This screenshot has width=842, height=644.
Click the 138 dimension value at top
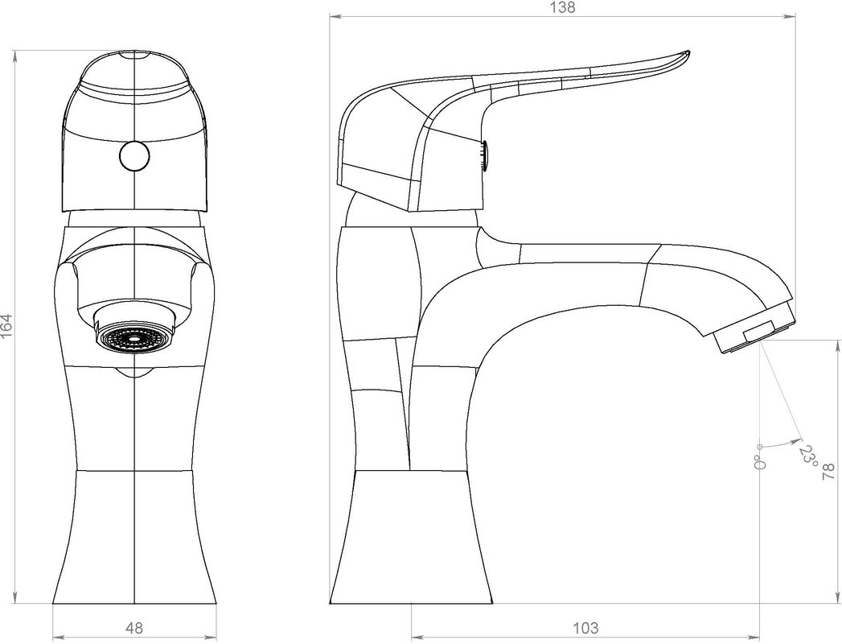click(562, 7)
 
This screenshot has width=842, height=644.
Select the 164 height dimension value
click(6, 326)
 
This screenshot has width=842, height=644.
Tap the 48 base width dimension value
click(134, 627)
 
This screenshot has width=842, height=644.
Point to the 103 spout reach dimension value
click(585, 627)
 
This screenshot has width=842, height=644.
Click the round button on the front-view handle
click(134, 156)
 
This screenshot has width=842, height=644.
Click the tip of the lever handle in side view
click(688, 52)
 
